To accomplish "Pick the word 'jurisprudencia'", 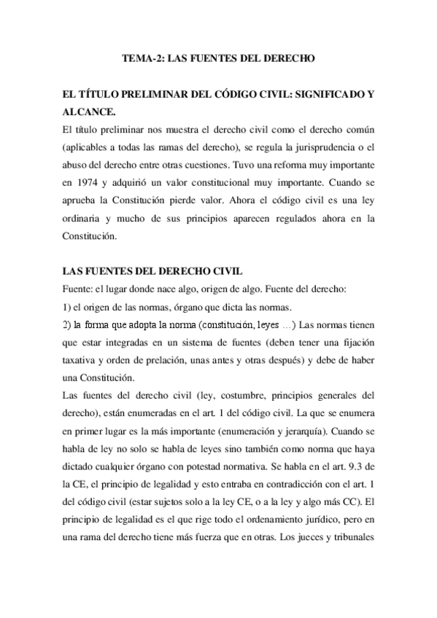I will tap(328, 146).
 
